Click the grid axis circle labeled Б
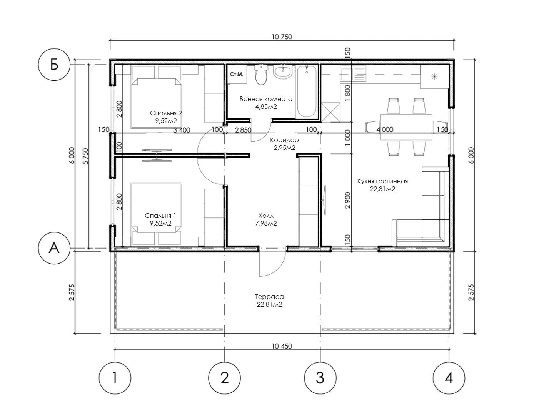click(54, 65)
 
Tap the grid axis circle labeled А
click(54, 248)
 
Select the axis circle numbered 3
click(320, 378)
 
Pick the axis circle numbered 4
click(449, 378)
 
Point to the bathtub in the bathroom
click(306, 91)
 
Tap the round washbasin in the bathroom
click(283, 72)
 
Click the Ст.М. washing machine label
click(237, 74)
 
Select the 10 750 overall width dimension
click(282, 37)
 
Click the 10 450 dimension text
click(282, 346)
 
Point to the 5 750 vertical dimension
click(86, 156)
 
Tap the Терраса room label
click(269, 297)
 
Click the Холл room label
click(266, 216)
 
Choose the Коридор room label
click(284, 140)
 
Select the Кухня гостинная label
click(382, 181)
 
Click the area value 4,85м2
click(266, 106)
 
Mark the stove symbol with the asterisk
click(434, 76)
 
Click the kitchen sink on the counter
click(352, 73)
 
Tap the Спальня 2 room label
click(166, 113)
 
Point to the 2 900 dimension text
click(347, 200)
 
